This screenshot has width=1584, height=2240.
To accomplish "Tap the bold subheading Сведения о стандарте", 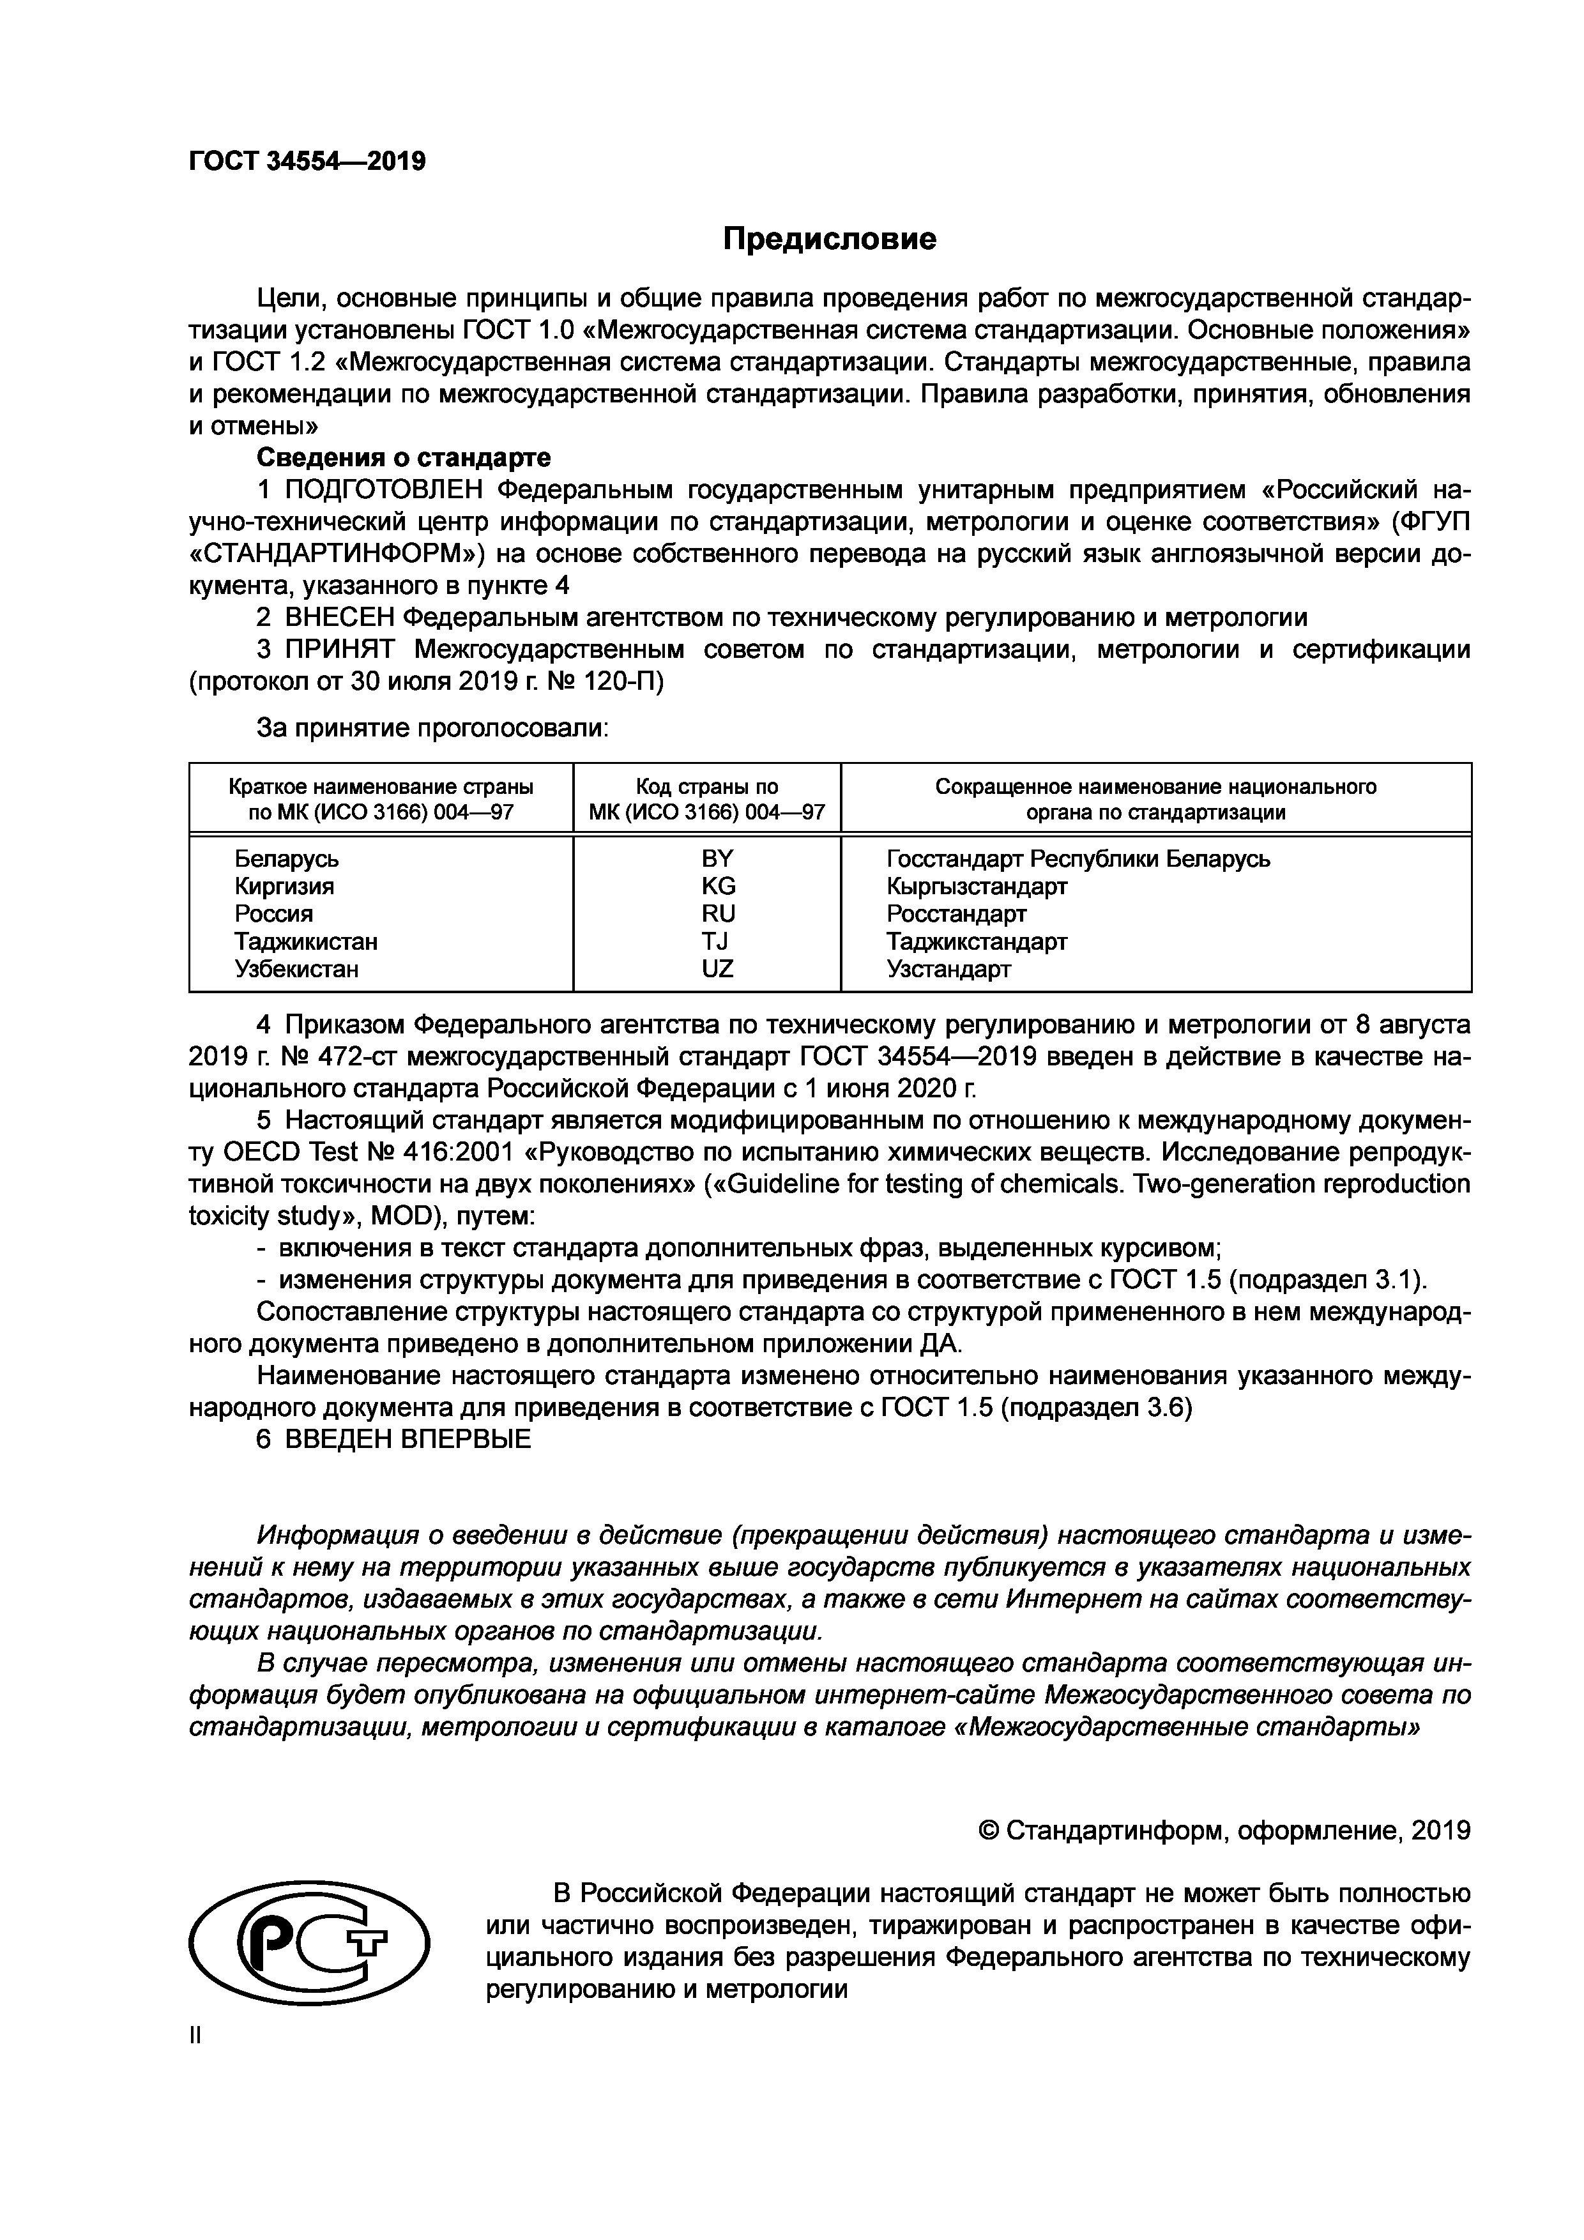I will point(403,457).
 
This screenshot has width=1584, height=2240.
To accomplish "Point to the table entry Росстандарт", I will point(956,914).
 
